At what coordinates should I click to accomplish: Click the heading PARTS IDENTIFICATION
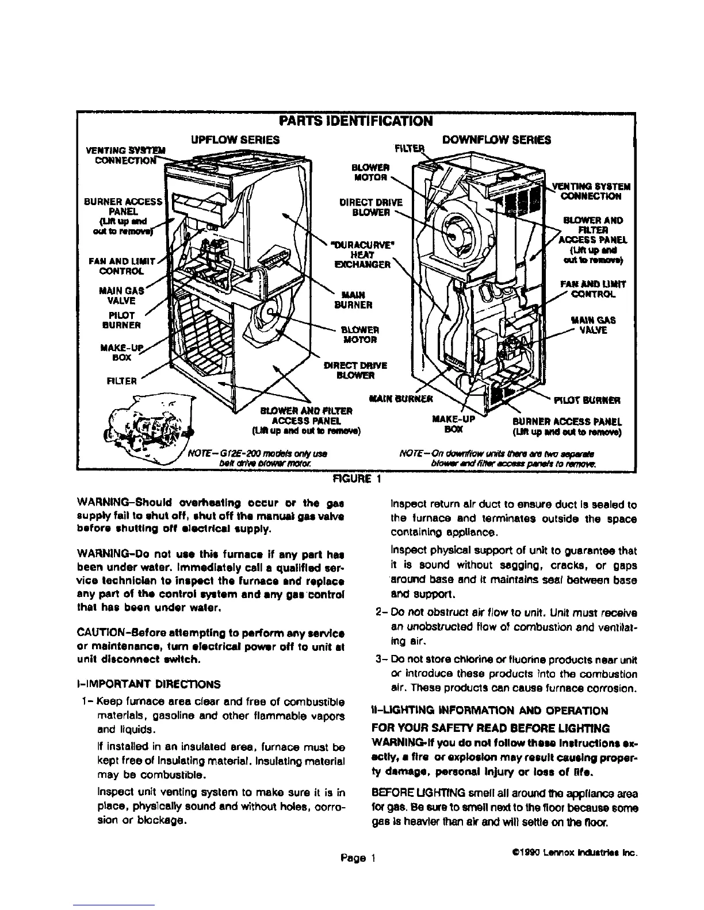(x=354, y=121)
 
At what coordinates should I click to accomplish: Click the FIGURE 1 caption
(x=354, y=478)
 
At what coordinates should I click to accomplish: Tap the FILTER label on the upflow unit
(x=123, y=380)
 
